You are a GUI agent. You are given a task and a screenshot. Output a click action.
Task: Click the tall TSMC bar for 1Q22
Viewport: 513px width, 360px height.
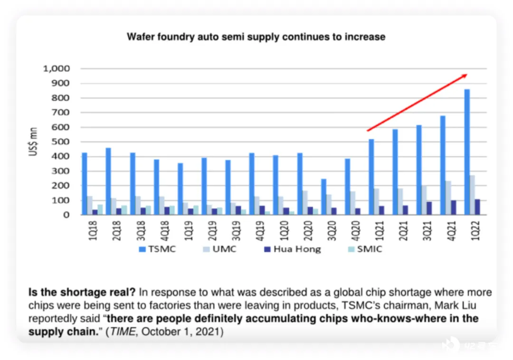[467, 152]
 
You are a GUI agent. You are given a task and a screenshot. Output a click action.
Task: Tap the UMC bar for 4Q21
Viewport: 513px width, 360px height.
[448, 198]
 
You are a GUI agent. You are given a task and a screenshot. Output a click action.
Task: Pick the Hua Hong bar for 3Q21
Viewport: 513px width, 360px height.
[429, 208]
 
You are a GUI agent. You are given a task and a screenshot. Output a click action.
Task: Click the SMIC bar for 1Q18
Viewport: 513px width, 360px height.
[100, 209]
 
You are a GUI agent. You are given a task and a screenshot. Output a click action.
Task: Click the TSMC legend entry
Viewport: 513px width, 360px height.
[157, 249]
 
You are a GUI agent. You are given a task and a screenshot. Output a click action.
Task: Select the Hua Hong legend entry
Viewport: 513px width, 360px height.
[292, 249]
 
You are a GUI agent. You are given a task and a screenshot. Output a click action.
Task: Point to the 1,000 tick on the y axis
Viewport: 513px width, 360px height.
[57, 69]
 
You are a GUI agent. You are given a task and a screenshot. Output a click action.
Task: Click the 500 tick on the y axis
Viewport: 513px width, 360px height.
[60, 142]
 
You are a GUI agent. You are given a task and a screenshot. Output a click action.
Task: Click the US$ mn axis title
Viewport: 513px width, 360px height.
[33, 142]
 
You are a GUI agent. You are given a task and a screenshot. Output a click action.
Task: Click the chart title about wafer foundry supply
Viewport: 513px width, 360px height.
[256, 37]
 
